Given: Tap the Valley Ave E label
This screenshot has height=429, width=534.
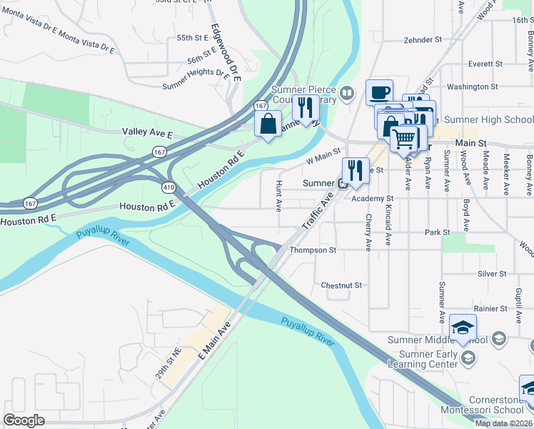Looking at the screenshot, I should [x=148, y=132].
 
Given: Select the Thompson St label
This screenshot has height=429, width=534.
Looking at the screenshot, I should [x=313, y=250].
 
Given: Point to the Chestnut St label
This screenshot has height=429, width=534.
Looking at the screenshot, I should [x=342, y=285].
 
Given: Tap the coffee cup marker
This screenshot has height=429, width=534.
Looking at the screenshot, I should [x=379, y=92].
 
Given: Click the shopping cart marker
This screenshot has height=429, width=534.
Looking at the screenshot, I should [x=404, y=139].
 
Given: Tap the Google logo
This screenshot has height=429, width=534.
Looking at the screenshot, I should [x=24, y=420].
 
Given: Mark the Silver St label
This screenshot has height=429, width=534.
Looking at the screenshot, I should [x=492, y=273].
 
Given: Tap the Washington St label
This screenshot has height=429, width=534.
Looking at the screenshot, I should [x=472, y=87].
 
